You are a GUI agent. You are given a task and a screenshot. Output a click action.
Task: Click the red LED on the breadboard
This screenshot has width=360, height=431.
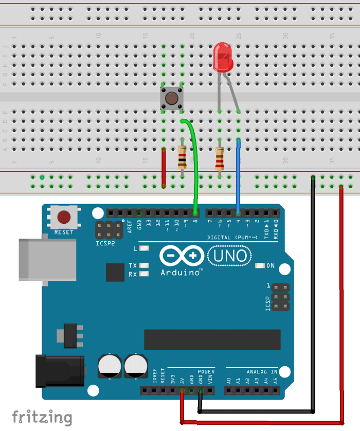tap(223, 58)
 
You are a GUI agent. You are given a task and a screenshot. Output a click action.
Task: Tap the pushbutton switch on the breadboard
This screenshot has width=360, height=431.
tap(172, 98)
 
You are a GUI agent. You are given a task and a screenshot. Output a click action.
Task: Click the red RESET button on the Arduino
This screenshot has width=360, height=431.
tap(64, 217)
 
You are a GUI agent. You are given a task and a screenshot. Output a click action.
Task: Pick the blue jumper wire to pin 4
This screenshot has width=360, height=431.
tap(238, 175)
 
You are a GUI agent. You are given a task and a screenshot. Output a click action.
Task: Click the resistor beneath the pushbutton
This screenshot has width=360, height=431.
tap(182, 158)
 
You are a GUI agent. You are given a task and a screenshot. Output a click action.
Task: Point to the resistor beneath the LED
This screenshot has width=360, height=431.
tap(220, 158)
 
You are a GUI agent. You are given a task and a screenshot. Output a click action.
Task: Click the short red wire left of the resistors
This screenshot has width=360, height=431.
tap(164, 167)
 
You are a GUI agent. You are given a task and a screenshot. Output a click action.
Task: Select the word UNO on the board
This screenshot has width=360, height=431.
tap(229, 256)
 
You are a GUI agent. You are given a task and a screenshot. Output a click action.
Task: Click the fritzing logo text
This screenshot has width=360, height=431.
tap(42, 417)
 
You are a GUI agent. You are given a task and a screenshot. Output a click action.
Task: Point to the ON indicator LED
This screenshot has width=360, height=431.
tap(260, 266)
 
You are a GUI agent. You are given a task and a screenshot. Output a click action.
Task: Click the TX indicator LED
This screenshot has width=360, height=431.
tap(144, 265)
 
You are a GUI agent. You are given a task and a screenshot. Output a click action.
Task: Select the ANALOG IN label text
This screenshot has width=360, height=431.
tap(262, 371)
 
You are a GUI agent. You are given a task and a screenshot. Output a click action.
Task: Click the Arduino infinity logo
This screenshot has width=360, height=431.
tap(181, 256)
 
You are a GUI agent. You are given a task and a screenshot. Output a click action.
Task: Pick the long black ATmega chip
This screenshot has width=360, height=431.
tap(212, 339)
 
